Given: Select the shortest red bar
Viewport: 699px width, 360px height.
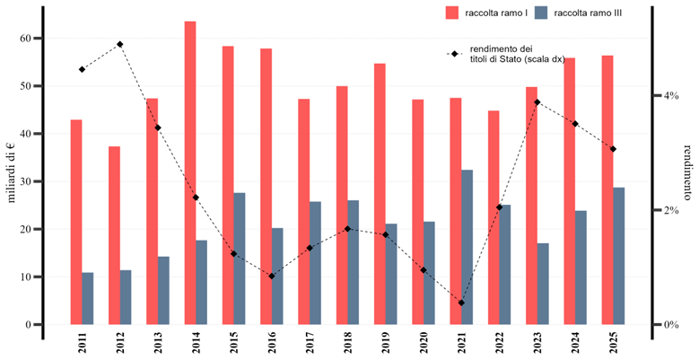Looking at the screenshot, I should pyautogui.click(x=114, y=234).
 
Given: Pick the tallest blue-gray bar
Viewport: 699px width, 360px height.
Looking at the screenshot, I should pyautogui.click(x=467, y=246).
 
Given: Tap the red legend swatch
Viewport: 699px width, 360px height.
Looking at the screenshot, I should pyautogui.click(x=452, y=13).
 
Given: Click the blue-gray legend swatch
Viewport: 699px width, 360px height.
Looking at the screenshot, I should pyautogui.click(x=541, y=13).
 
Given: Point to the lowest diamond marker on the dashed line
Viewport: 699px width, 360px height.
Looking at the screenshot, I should pyautogui.click(x=461, y=303).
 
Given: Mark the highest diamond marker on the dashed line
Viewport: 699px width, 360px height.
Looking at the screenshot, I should pyautogui.click(x=537, y=102).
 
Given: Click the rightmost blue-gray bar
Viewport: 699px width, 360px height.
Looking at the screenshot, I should pyautogui.click(x=619, y=255).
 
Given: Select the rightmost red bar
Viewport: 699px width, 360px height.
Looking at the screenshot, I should pyautogui.click(x=607, y=189).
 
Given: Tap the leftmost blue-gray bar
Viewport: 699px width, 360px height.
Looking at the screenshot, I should pyautogui.click(x=88, y=298).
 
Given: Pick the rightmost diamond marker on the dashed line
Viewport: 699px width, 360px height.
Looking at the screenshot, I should pyautogui.click(x=613, y=149).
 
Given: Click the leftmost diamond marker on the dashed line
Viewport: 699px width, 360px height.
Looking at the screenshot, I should pyautogui.click(x=158, y=128).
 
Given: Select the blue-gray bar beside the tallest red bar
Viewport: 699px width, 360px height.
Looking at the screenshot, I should pyautogui.click(x=202, y=282).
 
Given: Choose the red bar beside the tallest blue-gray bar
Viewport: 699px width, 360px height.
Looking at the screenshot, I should pyautogui.click(x=456, y=210).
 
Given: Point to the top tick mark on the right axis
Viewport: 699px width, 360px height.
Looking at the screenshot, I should pyautogui.click(x=657, y=95).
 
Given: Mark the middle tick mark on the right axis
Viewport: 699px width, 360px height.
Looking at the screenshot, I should pyautogui.click(x=657, y=210).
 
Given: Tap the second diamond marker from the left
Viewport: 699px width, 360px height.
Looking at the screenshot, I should pyautogui.click(x=196, y=198).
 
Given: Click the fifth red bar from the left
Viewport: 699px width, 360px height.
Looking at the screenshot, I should pyautogui.click(x=228, y=185).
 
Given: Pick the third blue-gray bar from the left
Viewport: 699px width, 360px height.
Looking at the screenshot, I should pyautogui.click(x=163, y=290).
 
